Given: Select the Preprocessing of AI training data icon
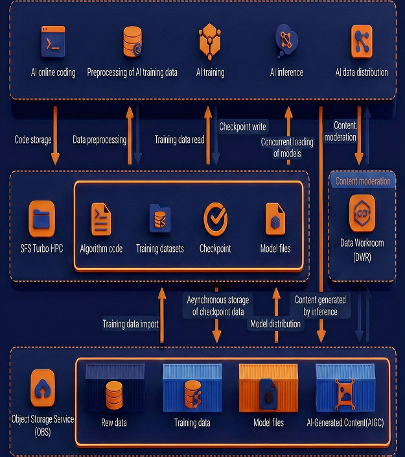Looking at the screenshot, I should pos(132,41).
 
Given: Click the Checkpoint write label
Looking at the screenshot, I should pos(243,127).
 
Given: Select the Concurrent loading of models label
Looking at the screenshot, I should pos(286,147).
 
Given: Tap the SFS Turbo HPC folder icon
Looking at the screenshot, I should pos(42,218).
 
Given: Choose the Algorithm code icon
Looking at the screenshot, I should pos(101,218).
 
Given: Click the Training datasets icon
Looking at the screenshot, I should pos(159,218).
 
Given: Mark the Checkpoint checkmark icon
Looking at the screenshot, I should pos(215,218).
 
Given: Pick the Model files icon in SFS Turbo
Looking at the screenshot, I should pos(275,219).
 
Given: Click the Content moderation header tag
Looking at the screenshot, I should pos(363,181).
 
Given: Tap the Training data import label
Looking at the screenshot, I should pos(130,323).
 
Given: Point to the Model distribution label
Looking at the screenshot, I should pos(275,323).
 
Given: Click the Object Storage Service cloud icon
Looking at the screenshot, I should pos(43,388).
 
